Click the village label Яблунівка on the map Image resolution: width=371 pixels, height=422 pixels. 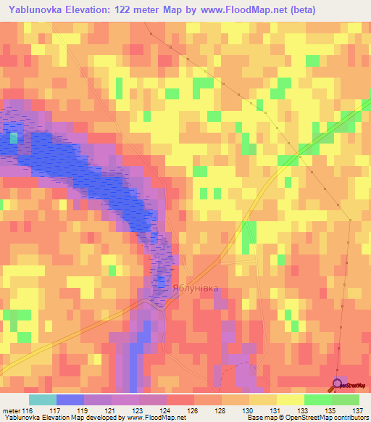coord(195,287)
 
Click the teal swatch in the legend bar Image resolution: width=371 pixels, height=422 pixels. coord(43,400)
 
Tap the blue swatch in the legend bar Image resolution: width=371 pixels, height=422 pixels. coord(70,400)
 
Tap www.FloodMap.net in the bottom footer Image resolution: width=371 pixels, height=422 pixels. coord(154,418)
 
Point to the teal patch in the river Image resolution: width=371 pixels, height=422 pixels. coord(13,136)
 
